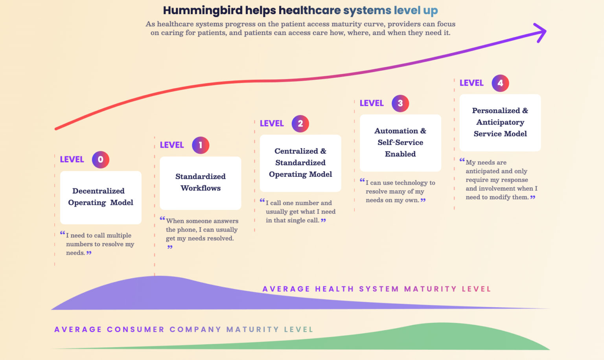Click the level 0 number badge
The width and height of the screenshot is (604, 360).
(100, 160)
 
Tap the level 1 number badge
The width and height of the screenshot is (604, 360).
(201, 145)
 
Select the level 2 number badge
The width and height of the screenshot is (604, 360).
(300, 124)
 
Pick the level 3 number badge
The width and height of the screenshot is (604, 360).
(400, 103)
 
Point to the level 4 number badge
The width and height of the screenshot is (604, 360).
(500, 83)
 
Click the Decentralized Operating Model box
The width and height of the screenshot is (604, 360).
(101, 197)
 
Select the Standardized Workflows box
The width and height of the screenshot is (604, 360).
(201, 183)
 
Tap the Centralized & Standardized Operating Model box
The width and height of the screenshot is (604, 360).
(300, 163)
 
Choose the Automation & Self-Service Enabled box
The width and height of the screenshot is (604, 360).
(400, 143)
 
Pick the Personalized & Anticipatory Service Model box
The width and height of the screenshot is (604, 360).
(500, 122)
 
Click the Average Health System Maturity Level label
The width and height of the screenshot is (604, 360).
(377, 289)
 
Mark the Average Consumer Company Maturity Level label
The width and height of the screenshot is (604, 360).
(184, 329)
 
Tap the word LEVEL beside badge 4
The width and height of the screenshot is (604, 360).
(471, 83)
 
